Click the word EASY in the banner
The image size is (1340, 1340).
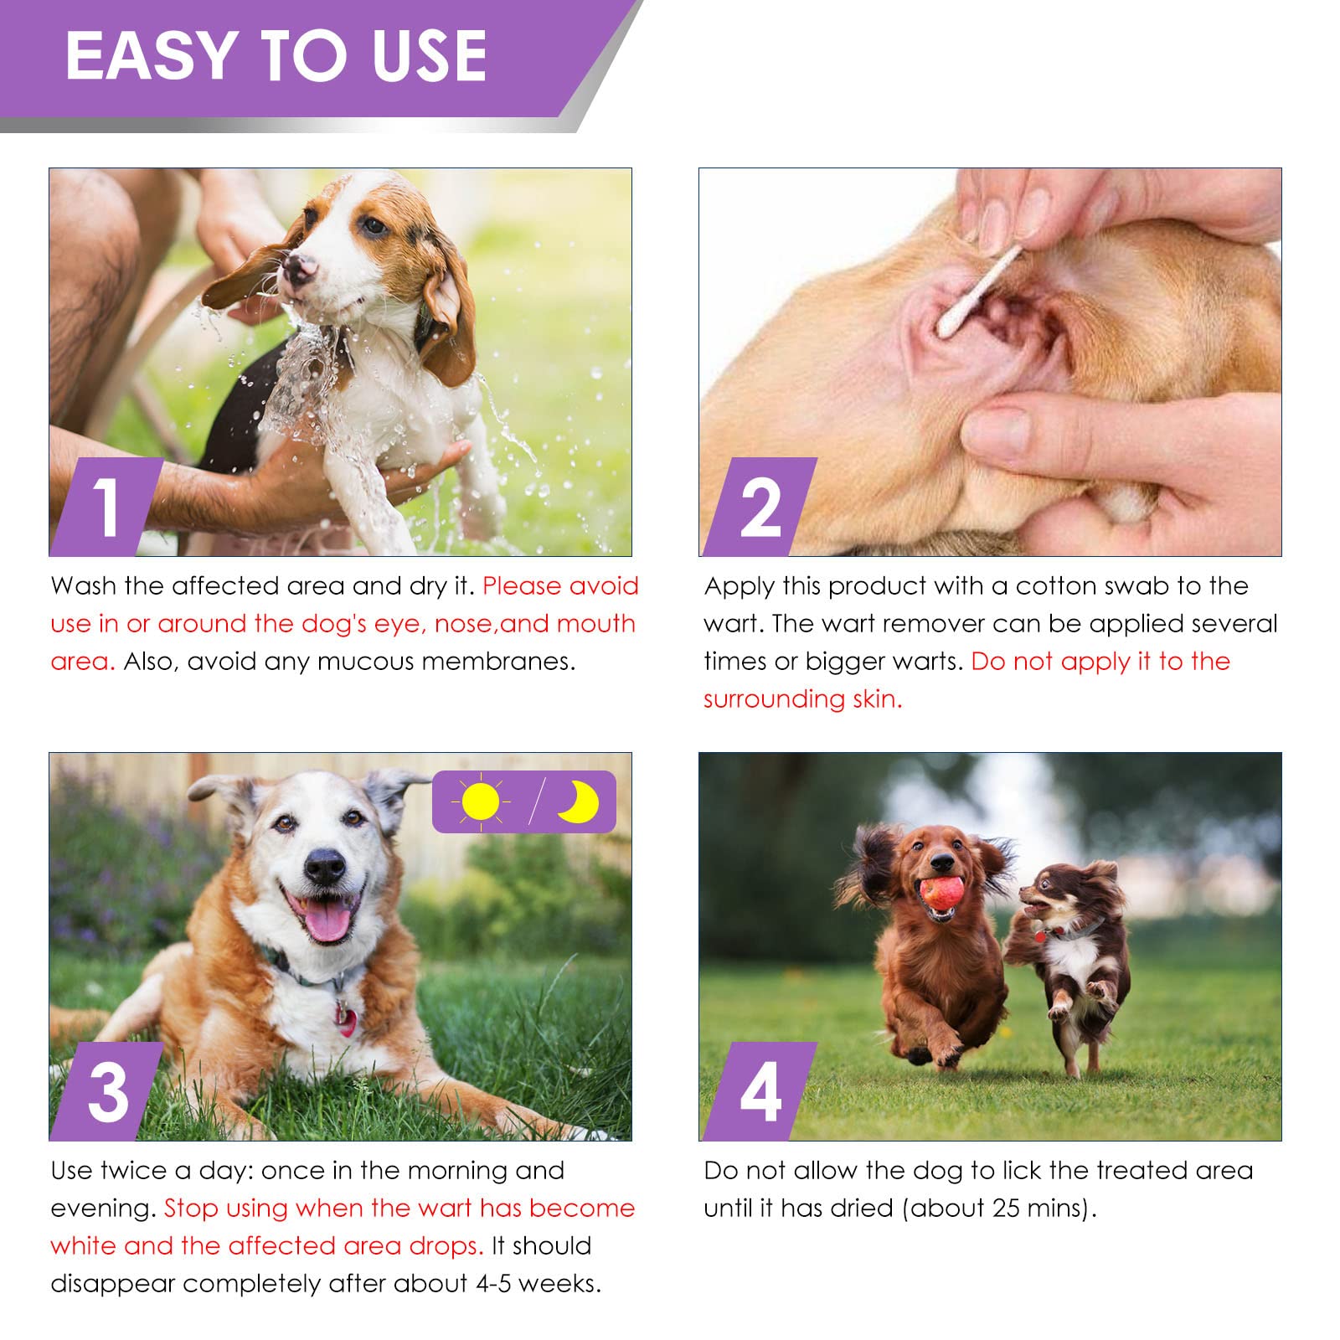152,56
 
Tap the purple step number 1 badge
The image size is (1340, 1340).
106,507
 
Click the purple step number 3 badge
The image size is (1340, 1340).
107,1092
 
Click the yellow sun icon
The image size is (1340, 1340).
480,801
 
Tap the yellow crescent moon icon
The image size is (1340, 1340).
579,801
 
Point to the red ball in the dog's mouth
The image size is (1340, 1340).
939,896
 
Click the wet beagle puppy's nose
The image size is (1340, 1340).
299,266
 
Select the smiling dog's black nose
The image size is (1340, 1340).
325,866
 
